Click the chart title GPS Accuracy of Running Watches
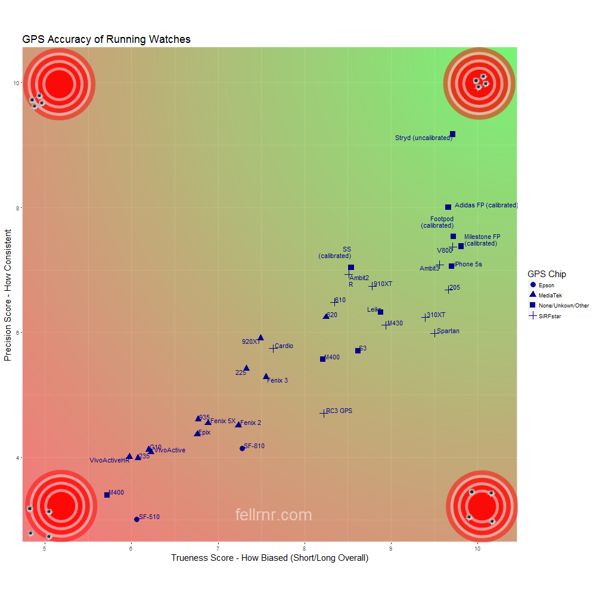point(106,39)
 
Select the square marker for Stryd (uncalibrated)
point(452,134)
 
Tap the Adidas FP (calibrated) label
point(486,205)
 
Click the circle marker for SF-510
point(136,519)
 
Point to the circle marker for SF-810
point(242,448)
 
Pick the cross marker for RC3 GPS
point(324,413)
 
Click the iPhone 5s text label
point(468,264)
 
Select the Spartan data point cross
point(434,333)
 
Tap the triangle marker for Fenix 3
point(266,377)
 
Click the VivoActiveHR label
point(110,460)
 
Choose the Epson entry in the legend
point(546,285)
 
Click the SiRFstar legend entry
point(549,316)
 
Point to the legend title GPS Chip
point(547,274)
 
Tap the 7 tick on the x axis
point(218,548)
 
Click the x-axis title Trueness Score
point(269,558)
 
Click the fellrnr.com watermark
point(274,515)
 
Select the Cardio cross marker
point(273,348)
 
